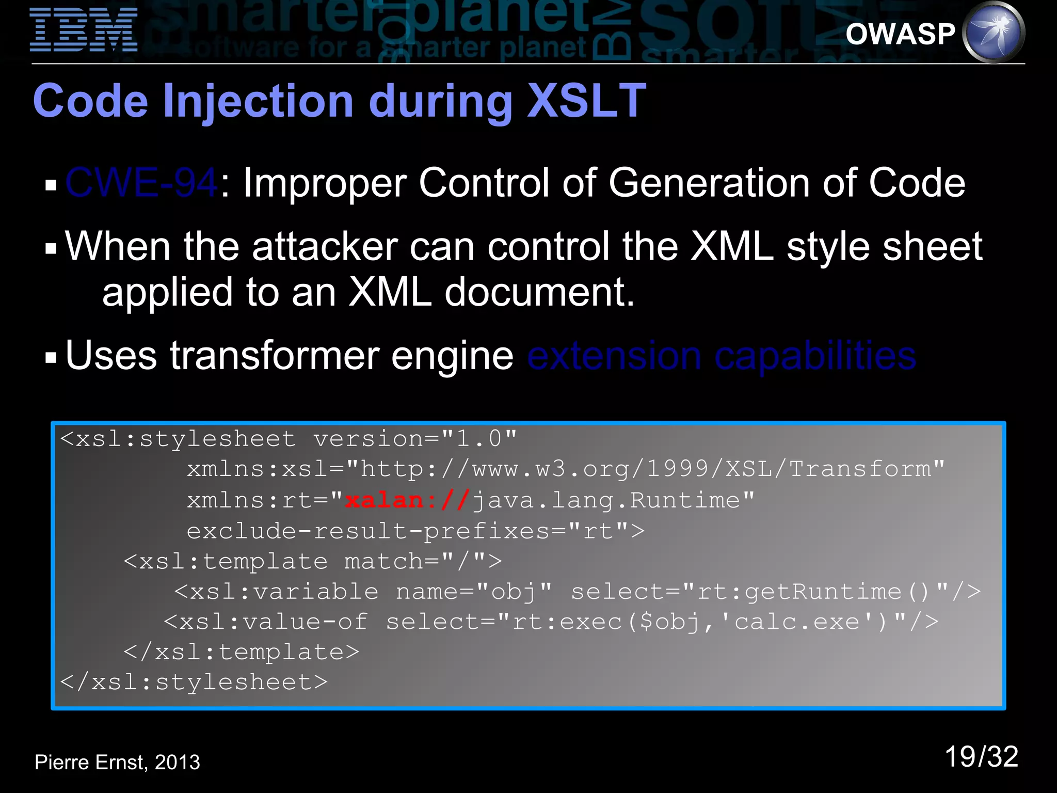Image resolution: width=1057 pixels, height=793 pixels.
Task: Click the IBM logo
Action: pos(84,29)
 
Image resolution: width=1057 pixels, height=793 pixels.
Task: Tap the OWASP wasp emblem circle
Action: pos(994,32)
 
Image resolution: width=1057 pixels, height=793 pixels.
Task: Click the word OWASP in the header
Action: pos(900,34)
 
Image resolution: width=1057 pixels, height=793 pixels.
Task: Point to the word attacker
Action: pos(325,247)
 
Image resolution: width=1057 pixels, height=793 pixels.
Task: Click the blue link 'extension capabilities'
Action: pos(722,356)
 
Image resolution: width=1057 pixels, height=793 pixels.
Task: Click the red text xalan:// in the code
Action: pos(407,500)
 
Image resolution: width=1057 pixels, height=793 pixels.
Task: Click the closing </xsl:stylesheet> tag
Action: pos(194,683)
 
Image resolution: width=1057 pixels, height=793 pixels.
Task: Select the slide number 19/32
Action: pos(981,757)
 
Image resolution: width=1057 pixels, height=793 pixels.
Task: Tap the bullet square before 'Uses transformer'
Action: pos(51,358)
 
